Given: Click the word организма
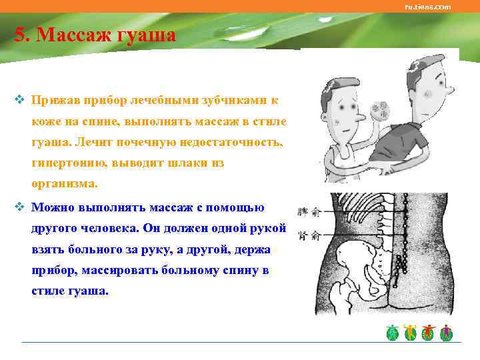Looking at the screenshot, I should point(64,183).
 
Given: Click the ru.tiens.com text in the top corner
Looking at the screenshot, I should point(427,7).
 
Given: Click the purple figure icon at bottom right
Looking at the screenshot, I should point(447,333).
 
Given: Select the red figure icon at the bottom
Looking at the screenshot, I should point(429,333).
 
